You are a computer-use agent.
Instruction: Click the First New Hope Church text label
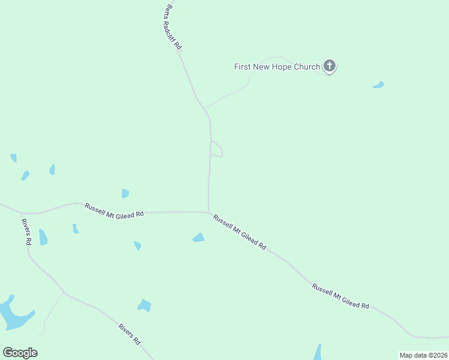[277, 67]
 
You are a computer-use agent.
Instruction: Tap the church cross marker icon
[329, 65]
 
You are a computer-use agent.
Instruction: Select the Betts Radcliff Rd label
[173, 28]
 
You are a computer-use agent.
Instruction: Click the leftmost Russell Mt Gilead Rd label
[114, 211]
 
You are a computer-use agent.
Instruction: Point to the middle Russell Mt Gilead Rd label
[240, 232]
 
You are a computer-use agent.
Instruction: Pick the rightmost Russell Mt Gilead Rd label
[340, 296]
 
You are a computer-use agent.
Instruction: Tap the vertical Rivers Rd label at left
[26, 232]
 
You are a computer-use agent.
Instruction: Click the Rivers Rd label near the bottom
[129, 334]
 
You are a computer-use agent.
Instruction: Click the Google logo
[20, 353]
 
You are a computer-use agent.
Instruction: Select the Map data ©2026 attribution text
[423, 355]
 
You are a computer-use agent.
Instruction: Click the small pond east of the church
[378, 85]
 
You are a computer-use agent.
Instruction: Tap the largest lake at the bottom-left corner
[13, 314]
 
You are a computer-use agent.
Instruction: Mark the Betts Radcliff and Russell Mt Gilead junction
[208, 212]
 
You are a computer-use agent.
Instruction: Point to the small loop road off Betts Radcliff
[218, 149]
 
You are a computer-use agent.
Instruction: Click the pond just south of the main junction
[198, 238]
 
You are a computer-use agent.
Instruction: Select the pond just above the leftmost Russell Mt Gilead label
[125, 193]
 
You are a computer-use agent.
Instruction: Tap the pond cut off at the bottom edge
[318, 353]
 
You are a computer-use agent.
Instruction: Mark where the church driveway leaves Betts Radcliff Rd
[205, 108]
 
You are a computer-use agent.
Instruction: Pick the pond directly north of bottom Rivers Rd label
[144, 305]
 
